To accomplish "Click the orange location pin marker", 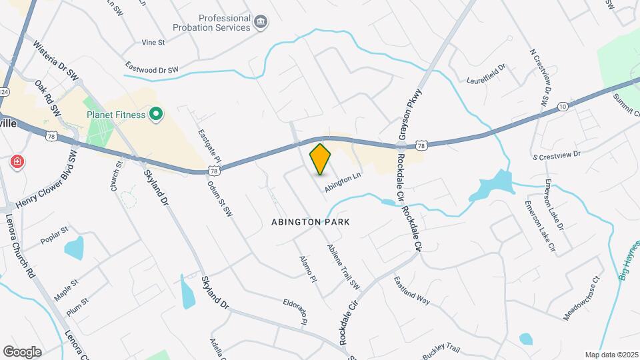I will [321, 159].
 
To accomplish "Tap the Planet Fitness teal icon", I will [156, 115].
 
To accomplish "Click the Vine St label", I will [153, 42].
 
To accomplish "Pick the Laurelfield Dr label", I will [487, 74].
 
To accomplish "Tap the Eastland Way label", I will [411, 290].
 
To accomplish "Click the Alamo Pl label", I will [307, 269].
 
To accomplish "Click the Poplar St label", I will [55, 236].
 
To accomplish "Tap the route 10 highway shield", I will [563, 106].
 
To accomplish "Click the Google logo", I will [22, 351].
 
